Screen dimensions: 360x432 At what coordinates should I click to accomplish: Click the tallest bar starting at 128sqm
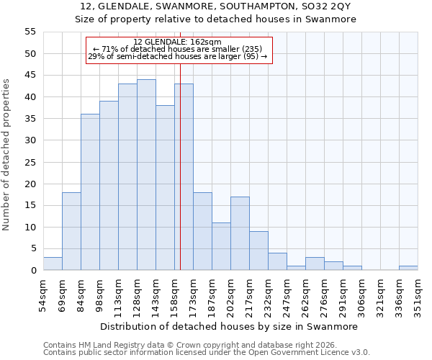146,175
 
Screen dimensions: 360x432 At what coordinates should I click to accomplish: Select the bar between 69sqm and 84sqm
71,231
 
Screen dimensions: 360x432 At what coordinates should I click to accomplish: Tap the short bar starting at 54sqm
53,264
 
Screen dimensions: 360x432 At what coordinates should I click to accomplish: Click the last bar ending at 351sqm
408,268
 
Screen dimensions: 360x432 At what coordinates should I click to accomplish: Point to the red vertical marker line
180,166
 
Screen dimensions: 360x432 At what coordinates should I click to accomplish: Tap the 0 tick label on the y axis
33,271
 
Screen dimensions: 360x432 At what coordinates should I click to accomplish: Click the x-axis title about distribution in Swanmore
228,326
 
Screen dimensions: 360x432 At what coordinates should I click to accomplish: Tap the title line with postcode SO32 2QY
216,6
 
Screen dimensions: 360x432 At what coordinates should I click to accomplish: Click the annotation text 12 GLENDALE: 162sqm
178,42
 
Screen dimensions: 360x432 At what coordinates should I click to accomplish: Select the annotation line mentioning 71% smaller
178,49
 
